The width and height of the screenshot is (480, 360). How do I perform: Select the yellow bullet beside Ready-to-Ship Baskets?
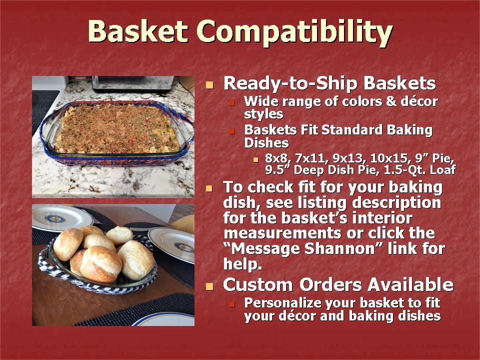209,85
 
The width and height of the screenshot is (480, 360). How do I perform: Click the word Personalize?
282,303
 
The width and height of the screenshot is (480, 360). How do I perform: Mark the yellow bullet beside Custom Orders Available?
209,286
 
